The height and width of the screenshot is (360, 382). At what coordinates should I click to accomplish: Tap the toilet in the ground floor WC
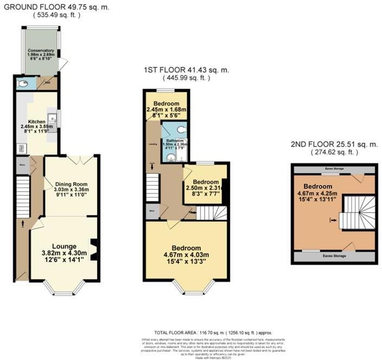tap(21, 83)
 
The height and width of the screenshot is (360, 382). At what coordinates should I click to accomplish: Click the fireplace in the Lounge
tap(93, 250)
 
